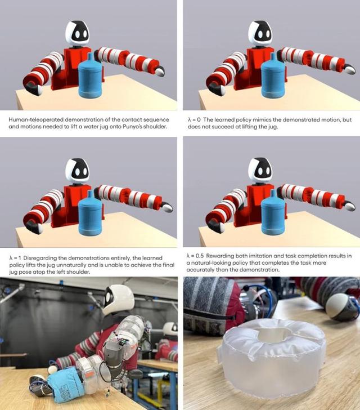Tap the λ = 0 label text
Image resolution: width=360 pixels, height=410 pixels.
point(194,120)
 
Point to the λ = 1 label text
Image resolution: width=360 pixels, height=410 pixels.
point(15,258)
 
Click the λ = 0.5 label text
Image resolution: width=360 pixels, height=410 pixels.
point(195,256)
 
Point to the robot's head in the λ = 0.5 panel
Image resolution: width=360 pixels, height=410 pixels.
point(260,170)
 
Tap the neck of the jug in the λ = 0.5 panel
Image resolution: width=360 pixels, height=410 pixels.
point(272,194)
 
